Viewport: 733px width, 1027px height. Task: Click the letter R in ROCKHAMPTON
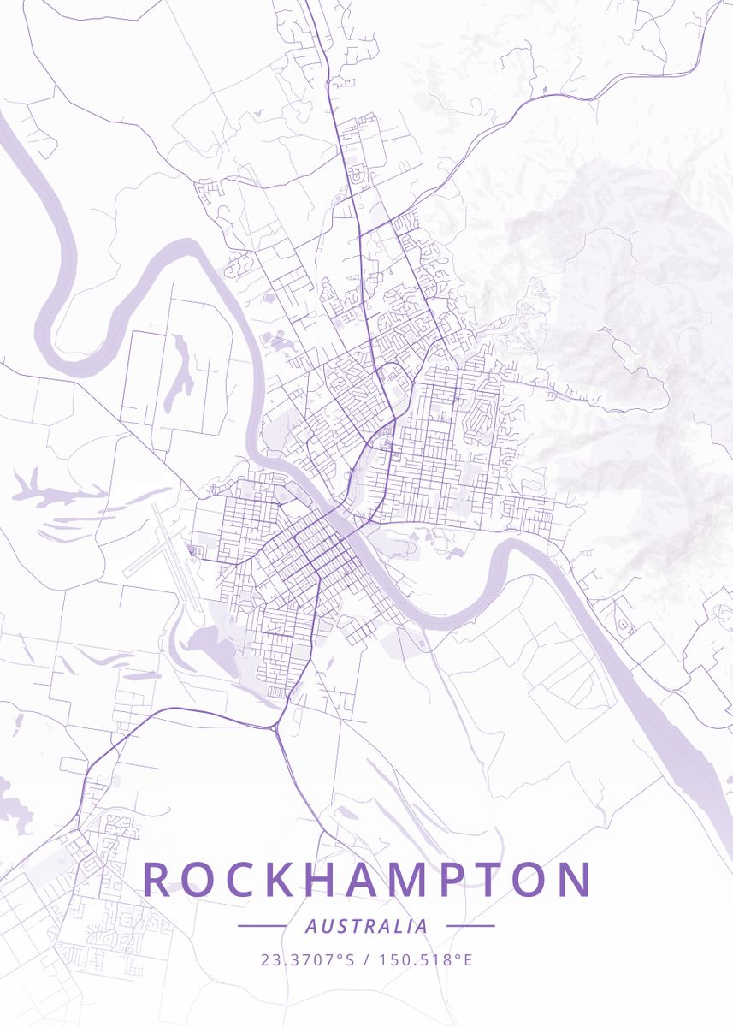click(x=157, y=879)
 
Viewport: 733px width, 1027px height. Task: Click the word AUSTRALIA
click(x=366, y=926)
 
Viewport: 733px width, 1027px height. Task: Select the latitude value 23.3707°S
click(x=307, y=959)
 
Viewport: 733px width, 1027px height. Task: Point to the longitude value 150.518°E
click(x=424, y=959)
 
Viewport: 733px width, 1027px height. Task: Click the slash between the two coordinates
click(x=366, y=959)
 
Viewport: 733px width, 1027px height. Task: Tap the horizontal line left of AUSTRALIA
click(x=262, y=926)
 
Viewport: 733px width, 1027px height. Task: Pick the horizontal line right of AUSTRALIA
click(x=470, y=926)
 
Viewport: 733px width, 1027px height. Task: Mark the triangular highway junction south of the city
click(x=275, y=727)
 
